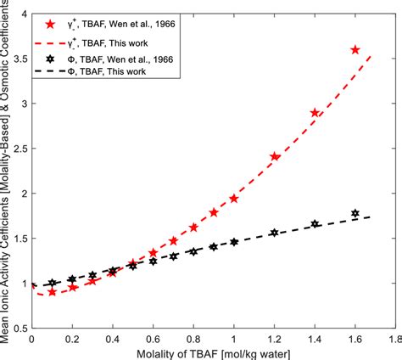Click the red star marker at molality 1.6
point(355,50)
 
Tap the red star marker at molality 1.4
point(315,113)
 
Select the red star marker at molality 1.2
point(275,156)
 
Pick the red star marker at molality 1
point(234,198)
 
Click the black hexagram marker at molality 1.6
point(355,213)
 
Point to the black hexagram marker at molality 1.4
point(315,223)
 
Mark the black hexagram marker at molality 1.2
point(274,232)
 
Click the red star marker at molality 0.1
point(53,291)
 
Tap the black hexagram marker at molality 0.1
point(53,283)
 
